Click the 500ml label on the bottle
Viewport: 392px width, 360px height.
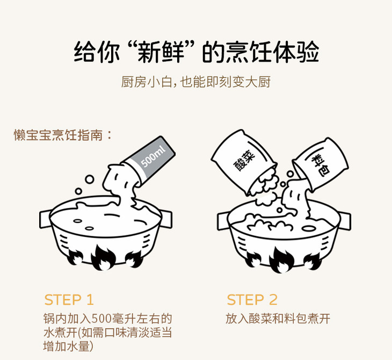[x=153, y=157]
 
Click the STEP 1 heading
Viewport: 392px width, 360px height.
[x=69, y=299]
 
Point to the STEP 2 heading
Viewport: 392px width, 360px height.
[x=252, y=299]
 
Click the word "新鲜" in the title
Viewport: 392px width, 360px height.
[x=161, y=53]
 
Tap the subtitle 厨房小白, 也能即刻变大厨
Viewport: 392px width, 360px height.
[x=196, y=82]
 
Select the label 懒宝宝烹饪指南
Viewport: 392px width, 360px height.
[x=58, y=135]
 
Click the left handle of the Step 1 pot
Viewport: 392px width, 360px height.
[x=45, y=219]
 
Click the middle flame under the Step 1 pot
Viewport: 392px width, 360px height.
[x=103, y=258]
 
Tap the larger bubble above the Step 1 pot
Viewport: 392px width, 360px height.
[x=89, y=179]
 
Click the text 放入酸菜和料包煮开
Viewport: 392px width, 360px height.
[x=278, y=319]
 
